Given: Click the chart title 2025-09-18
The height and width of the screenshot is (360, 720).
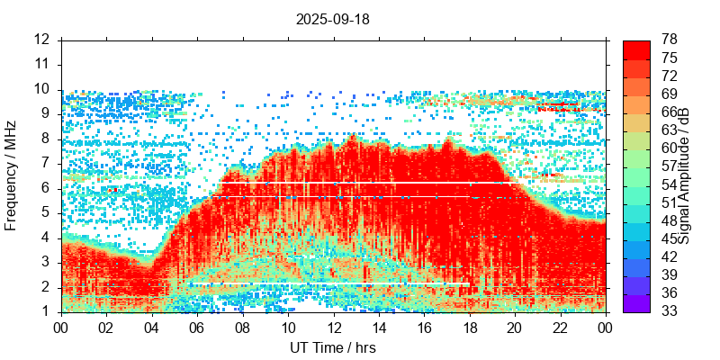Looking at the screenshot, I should (333, 18).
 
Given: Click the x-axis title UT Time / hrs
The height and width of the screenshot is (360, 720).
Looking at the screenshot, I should (333, 347).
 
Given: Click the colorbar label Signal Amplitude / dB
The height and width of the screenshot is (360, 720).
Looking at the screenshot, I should (685, 175).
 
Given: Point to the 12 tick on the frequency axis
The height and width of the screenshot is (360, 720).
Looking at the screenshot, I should (42, 40).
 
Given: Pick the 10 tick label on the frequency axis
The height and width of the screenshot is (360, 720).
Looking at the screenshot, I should (42, 89).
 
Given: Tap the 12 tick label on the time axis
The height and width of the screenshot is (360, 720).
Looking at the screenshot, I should (333, 328).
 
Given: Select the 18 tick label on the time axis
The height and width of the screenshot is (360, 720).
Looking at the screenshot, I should (469, 328).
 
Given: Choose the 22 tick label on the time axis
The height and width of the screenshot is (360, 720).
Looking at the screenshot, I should (560, 328).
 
